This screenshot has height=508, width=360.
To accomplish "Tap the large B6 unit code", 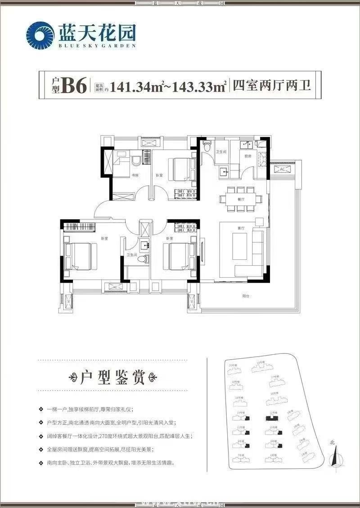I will click(74, 85).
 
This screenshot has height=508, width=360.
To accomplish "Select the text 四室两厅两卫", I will click(271, 85).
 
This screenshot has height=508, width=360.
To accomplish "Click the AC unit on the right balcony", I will click(282, 169).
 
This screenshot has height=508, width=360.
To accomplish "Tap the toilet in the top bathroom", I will click(207, 146).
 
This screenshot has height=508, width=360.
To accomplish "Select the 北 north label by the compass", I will click(332, 443).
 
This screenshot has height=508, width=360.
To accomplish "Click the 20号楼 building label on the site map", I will click(233, 365).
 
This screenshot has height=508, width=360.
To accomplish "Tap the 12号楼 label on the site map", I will click(272, 412).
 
